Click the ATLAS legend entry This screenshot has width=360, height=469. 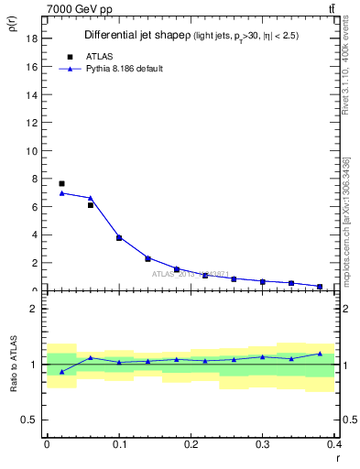click(x=93, y=57)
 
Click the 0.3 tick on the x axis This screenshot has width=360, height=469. click(x=263, y=444)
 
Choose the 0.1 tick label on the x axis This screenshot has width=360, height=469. click(x=119, y=444)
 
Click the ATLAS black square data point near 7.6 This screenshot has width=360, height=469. click(x=61, y=184)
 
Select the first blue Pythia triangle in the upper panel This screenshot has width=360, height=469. click(x=61, y=193)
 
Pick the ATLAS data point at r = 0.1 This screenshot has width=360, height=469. click(x=119, y=237)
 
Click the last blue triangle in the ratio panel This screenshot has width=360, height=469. click(x=320, y=354)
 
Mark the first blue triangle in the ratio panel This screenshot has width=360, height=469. click(x=61, y=371)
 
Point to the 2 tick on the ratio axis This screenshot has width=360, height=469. click(x=33, y=309)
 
